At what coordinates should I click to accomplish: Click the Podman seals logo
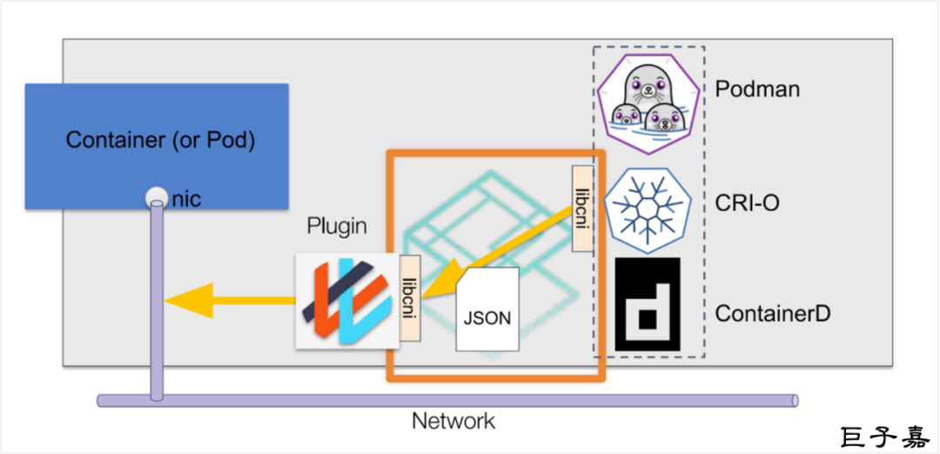(648, 97)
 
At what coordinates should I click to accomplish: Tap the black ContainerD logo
(648, 304)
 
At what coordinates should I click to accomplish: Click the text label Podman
(756, 89)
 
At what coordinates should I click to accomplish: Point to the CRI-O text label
(747, 204)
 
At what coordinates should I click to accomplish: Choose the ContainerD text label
(773, 313)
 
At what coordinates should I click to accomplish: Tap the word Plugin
(337, 228)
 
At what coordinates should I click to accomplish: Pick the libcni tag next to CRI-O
(582, 209)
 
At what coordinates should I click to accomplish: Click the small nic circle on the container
(155, 197)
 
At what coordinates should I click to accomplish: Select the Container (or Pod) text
(160, 140)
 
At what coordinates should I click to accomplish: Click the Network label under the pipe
(453, 422)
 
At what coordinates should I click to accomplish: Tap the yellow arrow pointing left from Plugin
(229, 301)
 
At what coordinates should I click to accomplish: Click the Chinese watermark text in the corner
(883, 436)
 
